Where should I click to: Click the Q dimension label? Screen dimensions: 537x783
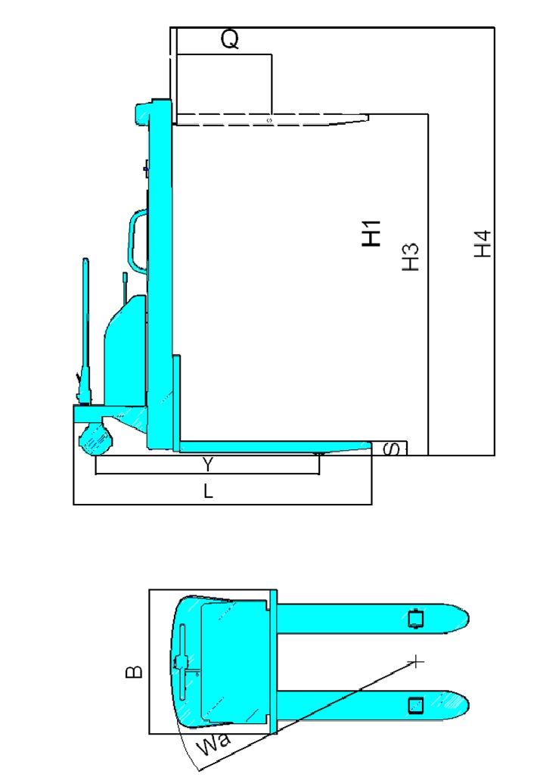coord(230,39)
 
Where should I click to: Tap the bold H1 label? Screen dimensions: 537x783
coord(371,233)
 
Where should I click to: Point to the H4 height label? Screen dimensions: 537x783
coord(483,244)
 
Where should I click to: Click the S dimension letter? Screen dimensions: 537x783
coord(393,449)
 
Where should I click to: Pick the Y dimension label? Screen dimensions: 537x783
coord(208,465)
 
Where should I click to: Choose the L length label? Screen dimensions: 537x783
coord(208,492)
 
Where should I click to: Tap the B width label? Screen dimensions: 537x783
coord(134,672)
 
